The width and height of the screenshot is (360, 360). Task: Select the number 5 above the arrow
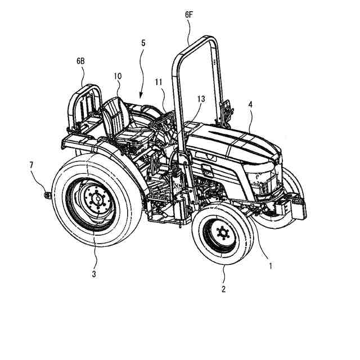[x=144, y=42]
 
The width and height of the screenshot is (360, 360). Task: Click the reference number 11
[x=159, y=82]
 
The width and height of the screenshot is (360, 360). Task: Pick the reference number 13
[x=201, y=99]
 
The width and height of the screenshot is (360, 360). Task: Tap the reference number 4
[x=250, y=103]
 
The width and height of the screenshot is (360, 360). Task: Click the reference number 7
[x=32, y=164]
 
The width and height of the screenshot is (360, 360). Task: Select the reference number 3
[x=94, y=274]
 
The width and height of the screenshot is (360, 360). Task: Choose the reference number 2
[x=223, y=289]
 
